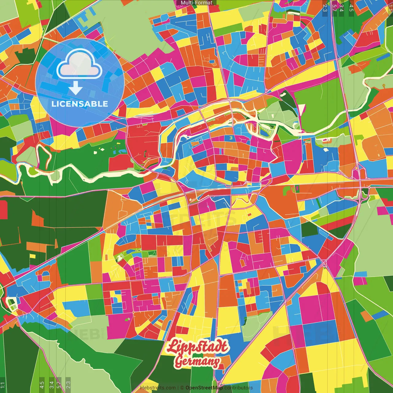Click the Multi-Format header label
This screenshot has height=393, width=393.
(x=196, y=3)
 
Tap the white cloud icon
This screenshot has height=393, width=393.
(x=80, y=64)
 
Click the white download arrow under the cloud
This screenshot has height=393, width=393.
(x=76, y=89)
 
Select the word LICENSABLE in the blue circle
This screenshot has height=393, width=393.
(x=80, y=104)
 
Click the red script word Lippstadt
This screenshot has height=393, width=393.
(x=198, y=347)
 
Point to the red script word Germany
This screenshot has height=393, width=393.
(x=197, y=361)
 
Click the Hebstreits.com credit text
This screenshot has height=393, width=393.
(x=158, y=388)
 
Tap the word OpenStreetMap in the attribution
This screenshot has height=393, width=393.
(x=204, y=388)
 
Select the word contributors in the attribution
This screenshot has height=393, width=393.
(x=239, y=388)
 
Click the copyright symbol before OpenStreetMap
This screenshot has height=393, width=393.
(x=182, y=388)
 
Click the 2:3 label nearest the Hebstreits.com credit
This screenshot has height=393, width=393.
(x=68, y=385)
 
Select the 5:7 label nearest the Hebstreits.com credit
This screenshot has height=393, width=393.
(x=59, y=385)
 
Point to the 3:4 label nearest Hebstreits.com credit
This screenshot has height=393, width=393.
(x=52, y=385)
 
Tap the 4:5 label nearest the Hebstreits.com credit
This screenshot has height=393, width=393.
(x=42, y=385)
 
